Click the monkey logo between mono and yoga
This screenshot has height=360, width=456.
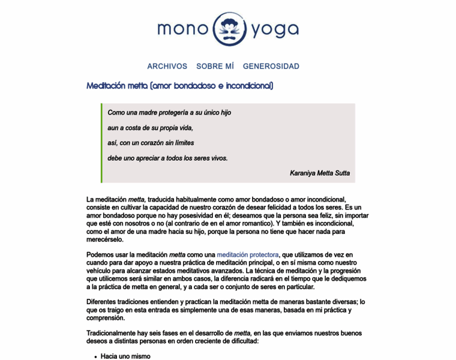point(228,29)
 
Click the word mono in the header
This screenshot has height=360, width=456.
point(182,29)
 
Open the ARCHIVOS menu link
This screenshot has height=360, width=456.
point(167,66)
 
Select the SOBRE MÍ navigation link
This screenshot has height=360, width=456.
point(215,66)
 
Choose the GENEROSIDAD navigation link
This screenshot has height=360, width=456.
point(271,66)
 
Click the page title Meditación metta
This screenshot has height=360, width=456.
point(179,86)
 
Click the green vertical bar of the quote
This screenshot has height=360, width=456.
point(102,143)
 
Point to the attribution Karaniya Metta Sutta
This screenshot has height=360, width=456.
point(320,173)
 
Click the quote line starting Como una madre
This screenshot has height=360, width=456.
point(169,112)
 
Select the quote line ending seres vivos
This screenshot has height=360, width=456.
point(167,158)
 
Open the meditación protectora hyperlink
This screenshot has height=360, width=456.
point(247,254)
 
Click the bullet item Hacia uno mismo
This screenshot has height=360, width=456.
point(125,356)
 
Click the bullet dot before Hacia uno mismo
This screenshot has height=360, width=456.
point(95,357)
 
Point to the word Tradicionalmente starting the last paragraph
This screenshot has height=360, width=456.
point(117,333)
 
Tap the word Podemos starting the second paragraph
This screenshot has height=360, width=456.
point(103,254)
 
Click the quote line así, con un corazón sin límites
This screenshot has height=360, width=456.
point(151,143)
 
